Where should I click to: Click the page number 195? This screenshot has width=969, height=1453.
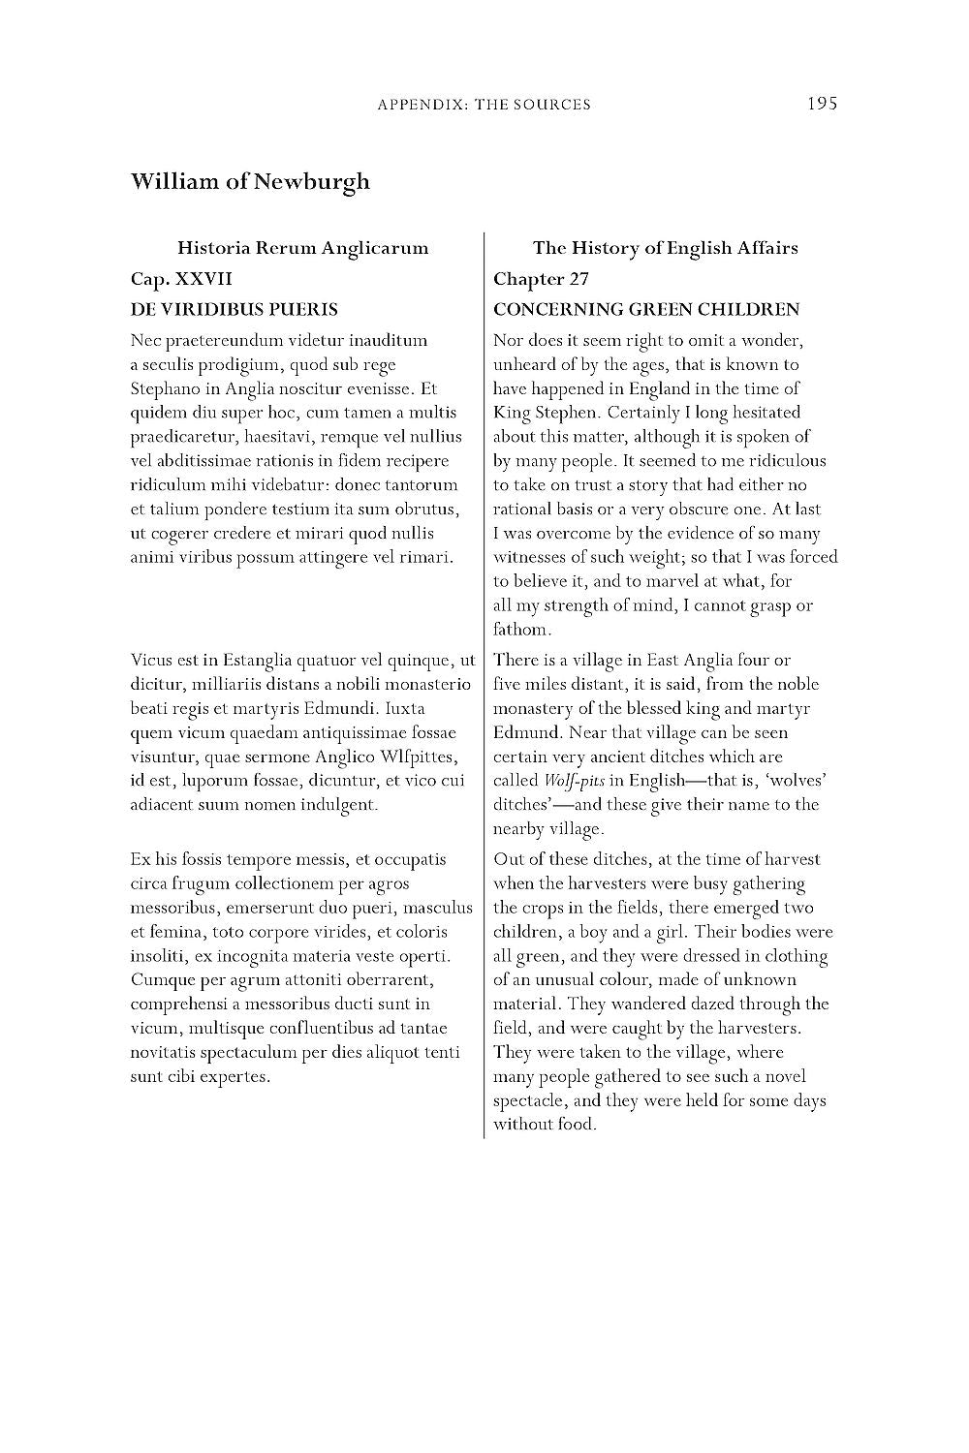pyautogui.click(x=821, y=104)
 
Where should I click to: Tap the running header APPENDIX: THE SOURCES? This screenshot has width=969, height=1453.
pyautogui.click(x=484, y=105)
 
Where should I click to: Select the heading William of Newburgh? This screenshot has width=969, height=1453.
pyautogui.click(x=250, y=182)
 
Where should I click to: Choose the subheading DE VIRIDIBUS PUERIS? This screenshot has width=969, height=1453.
pyautogui.click(x=234, y=310)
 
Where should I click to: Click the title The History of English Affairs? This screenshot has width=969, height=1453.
pyautogui.click(x=665, y=248)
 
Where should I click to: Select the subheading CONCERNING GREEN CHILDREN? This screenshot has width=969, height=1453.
pyautogui.click(x=646, y=310)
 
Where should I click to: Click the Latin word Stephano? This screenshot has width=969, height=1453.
pyautogui.click(x=163, y=389)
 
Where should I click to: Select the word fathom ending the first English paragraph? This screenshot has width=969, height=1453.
pyautogui.click(x=520, y=630)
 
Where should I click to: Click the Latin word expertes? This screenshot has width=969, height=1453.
pyautogui.click(x=234, y=1076)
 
